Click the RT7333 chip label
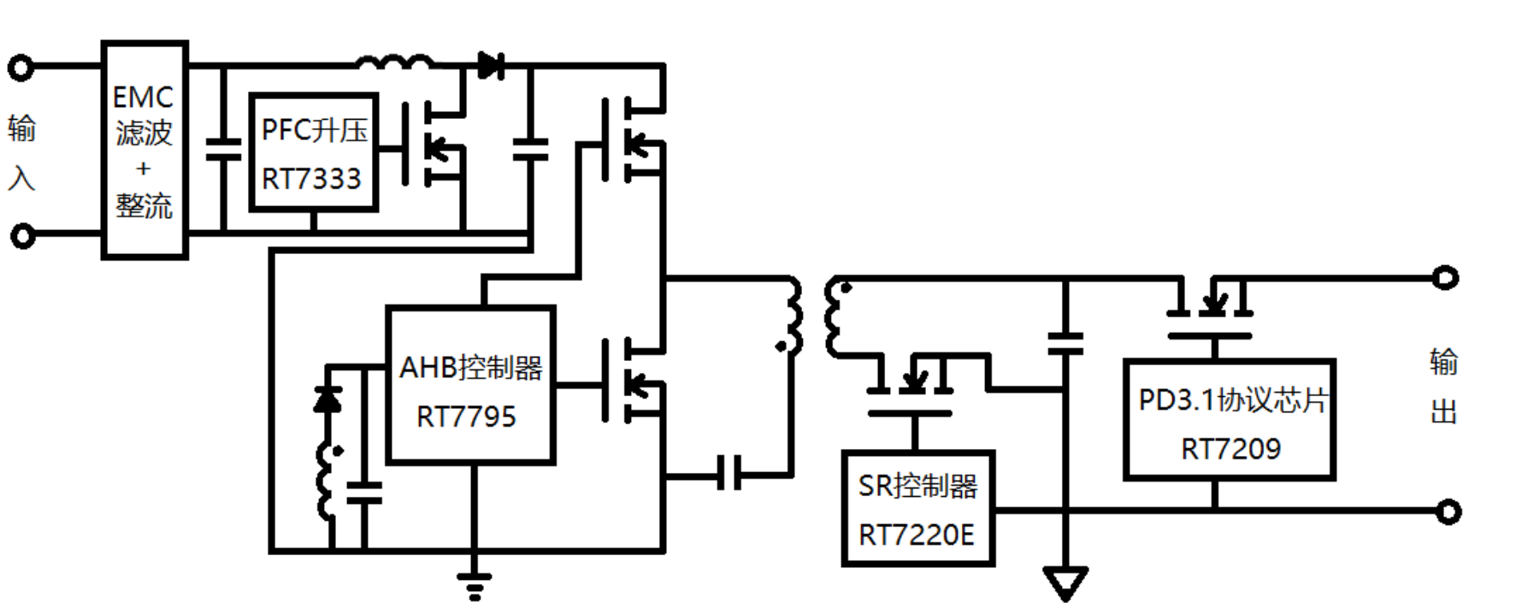[x=311, y=180]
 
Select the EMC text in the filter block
[x=143, y=98]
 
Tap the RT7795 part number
[x=466, y=417]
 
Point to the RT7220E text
[x=916, y=535]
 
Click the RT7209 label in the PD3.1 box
[x=1230, y=449]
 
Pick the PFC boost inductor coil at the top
[x=394, y=62]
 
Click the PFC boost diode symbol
[x=490, y=65]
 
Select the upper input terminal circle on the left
[x=21, y=67]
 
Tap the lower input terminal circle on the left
[x=22, y=235]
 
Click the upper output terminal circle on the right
[x=1445, y=278]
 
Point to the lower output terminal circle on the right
[x=1448, y=512]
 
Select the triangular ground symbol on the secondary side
[x=1065, y=583]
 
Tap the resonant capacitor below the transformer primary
[x=729, y=473]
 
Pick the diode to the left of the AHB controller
[x=328, y=399]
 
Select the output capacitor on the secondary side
[x=1065, y=344]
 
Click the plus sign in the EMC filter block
[x=143, y=169]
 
